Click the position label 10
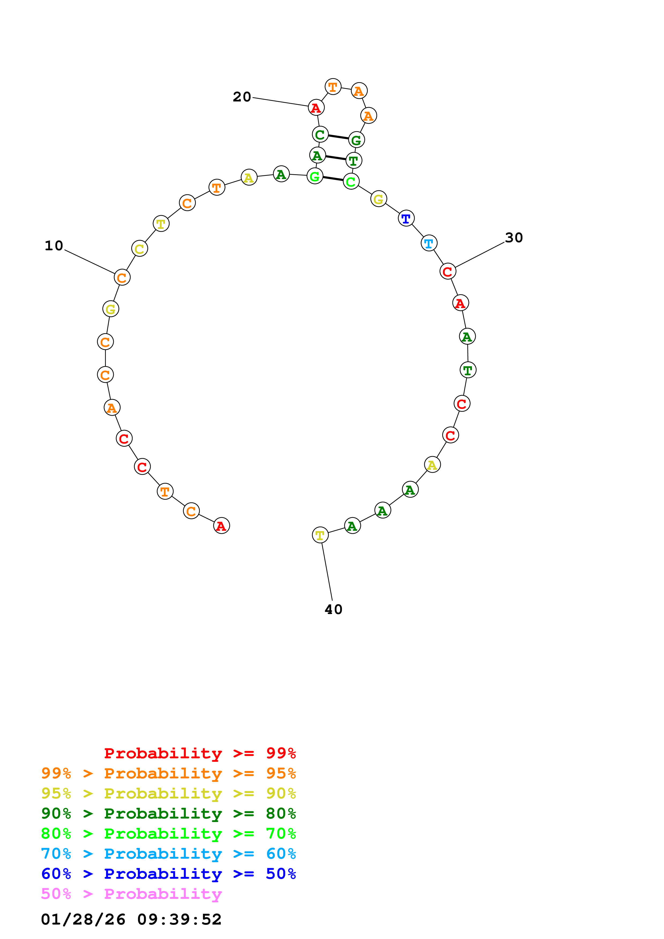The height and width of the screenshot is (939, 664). click(54, 246)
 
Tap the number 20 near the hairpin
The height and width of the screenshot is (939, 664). click(242, 97)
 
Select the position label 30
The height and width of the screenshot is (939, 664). click(514, 238)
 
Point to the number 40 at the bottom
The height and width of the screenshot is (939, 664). click(333, 610)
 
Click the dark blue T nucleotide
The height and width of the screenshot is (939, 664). click(406, 218)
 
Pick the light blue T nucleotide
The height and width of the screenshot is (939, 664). click(429, 243)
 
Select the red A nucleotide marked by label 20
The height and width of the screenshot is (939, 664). click(316, 108)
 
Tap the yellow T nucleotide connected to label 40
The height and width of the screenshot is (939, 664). click(320, 535)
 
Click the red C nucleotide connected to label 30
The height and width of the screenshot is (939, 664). click(448, 271)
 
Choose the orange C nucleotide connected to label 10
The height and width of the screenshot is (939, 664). click(122, 278)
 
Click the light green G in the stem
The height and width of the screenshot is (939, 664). click(315, 176)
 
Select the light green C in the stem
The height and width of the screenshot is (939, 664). click(351, 181)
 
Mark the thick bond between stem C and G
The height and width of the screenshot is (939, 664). click(338, 137)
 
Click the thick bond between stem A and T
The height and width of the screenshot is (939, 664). click(335, 158)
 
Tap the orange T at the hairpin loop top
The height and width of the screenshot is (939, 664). click(333, 87)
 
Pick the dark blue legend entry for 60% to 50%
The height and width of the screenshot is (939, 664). click(168, 874)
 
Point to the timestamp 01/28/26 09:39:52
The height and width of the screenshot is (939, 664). click(131, 919)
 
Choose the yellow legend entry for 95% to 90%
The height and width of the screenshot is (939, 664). click(168, 793)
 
